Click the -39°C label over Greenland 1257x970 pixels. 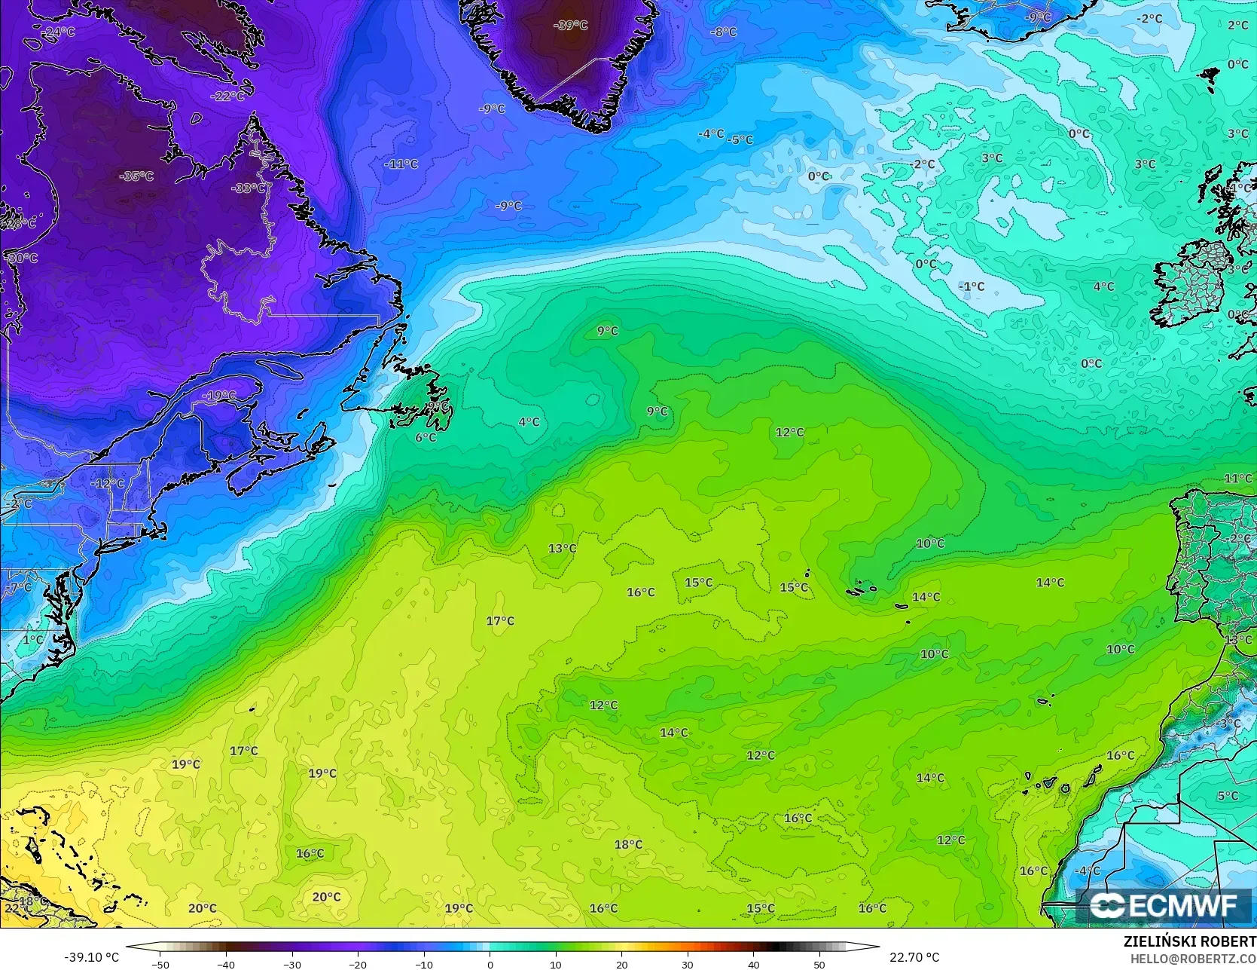coord(570,25)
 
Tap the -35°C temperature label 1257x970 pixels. coord(136,176)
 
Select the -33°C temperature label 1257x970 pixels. coord(248,188)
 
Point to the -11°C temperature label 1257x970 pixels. coord(401,164)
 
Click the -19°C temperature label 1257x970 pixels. coord(218,396)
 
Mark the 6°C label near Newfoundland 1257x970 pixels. coord(426,437)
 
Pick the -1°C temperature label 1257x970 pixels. coord(972,286)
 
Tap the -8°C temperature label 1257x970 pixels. coord(723,32)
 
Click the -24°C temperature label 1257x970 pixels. coord(58,32)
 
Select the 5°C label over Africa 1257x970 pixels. coord(1228,796)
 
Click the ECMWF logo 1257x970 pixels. coord(1164,905)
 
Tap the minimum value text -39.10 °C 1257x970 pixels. coord(92,957)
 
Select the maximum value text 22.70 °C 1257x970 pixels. coord(914,957)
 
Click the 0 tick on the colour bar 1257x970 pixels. coord(490,964)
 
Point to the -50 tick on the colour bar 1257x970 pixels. coord(160,964)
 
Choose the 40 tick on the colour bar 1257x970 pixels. coord(753,964)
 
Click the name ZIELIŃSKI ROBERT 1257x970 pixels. coord(1189,941)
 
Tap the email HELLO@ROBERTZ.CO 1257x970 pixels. coord(1192,958)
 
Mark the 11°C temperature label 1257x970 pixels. coord(1238,479)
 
